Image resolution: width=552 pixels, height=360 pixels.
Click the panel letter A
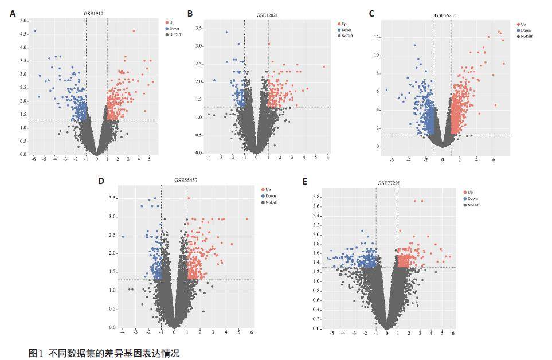point(13,13)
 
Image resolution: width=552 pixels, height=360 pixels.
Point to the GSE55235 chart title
point(445,15)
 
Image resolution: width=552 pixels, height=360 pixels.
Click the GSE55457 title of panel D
point(186,180)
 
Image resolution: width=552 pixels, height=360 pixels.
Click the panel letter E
point(304,182)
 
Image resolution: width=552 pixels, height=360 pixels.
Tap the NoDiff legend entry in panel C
point(524,36)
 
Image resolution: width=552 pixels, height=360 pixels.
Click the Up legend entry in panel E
point(470,192)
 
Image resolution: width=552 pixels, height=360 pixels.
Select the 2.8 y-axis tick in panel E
point(315,197)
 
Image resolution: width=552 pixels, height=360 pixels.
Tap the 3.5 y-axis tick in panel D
point(113,198)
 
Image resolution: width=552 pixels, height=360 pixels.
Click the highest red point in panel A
point(134,31)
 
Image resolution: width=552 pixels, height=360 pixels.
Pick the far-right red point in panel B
point(324,66)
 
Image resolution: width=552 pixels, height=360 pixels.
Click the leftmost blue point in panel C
point(386,89)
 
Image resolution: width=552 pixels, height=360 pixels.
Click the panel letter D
point(101,181)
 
